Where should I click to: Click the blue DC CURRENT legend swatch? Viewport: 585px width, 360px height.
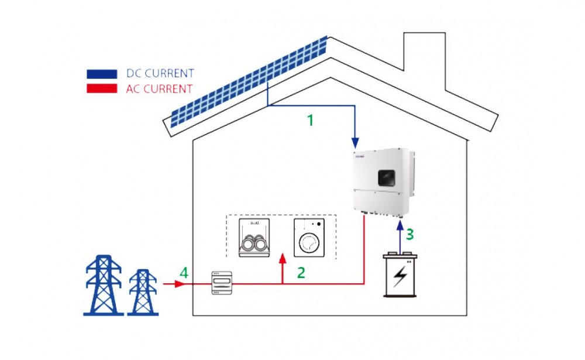102,74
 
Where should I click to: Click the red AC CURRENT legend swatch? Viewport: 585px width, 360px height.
102,89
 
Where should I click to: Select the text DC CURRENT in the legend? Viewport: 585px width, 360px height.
160,74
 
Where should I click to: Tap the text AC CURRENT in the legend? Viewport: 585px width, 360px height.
159,89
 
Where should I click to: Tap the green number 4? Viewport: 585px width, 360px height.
184,273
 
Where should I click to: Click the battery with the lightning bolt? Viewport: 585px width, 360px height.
401,276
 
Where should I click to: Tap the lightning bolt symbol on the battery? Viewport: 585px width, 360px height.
401,278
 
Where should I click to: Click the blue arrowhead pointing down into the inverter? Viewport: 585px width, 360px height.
355,142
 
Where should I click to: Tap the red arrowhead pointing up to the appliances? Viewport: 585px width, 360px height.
283,258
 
